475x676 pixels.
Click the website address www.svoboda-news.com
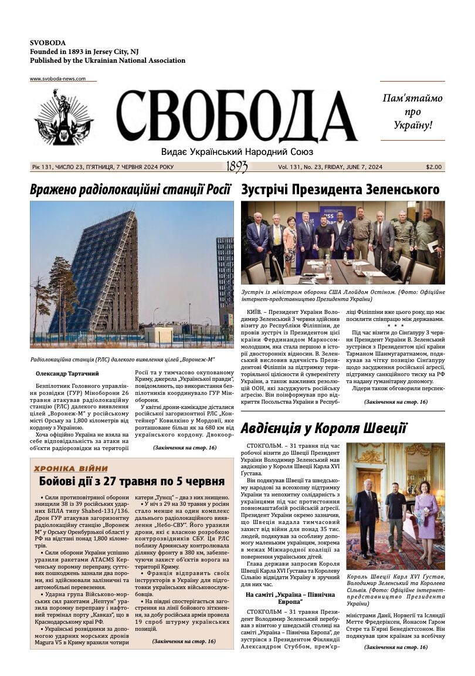coord(57,79)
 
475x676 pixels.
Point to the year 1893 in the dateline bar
coord(237,167)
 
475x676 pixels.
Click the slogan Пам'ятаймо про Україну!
coord(412,111)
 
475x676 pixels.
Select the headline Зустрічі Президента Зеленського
coord(340,190)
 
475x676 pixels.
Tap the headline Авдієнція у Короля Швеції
coord(324,427)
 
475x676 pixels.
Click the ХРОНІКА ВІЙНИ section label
coord(71,468)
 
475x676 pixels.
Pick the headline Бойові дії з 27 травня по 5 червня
coord(132,482)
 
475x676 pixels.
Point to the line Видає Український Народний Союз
coord(236,151)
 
